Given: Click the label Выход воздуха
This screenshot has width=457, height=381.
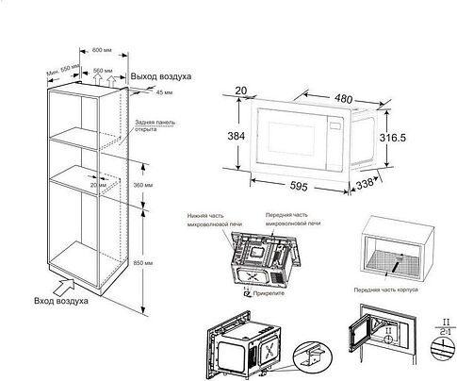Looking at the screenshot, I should [160, 74].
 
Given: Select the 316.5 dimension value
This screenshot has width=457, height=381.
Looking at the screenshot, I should [417, 139].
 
